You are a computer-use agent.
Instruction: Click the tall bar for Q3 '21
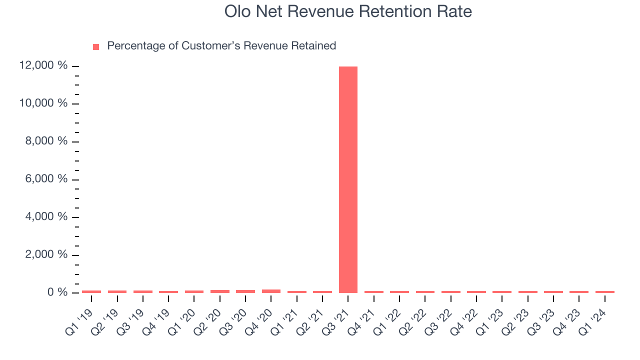point(348,180)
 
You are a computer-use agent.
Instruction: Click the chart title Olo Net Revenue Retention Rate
point(348,11)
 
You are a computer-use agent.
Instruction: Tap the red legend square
point(96,46)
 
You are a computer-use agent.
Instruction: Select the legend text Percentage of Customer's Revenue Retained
point(221,46)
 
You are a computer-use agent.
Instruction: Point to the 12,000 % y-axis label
point(43,65)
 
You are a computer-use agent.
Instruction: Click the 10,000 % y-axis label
point(43,103)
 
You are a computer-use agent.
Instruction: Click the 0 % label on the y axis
point(56,292)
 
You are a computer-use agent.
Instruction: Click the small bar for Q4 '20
point(271,291)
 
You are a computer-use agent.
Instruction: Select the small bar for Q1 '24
point(604,291)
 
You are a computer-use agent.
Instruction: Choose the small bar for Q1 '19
point(91,291)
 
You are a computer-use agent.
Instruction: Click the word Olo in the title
point(237,11)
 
